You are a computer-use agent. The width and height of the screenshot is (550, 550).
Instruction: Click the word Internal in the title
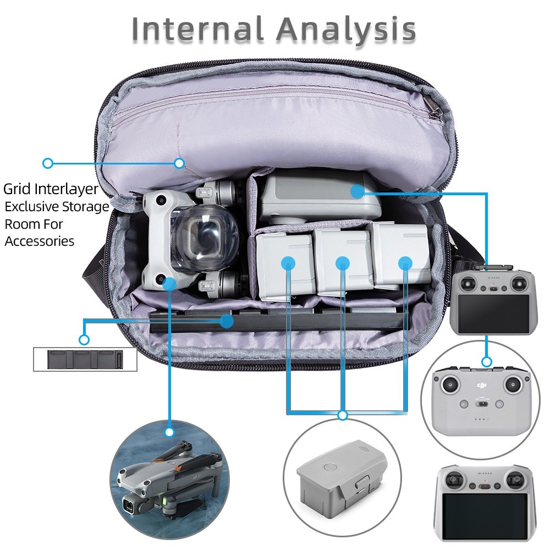pos(197,29)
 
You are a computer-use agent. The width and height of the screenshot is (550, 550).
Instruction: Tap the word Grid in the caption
pos(18,189)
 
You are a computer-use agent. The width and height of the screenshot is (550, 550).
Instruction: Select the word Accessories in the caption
pos(39,241)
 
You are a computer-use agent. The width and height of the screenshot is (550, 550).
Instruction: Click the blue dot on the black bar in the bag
pos(227,321)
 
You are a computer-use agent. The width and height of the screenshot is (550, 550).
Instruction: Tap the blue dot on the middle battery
pos(342,263)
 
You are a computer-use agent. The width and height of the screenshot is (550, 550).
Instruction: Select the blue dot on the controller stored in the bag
pos(358,191)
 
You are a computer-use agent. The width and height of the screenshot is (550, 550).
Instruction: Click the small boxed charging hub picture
pos(85,359)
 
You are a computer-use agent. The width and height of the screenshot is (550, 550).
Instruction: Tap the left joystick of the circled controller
pos(450,385)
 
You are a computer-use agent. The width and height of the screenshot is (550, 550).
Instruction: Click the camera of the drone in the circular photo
pos(129,507)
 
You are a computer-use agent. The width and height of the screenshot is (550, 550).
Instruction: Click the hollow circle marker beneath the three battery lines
pos(342,415)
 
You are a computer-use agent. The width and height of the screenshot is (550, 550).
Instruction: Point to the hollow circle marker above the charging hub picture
pos(84,339)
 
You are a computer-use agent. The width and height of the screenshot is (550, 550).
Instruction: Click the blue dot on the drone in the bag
pos(169,284)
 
